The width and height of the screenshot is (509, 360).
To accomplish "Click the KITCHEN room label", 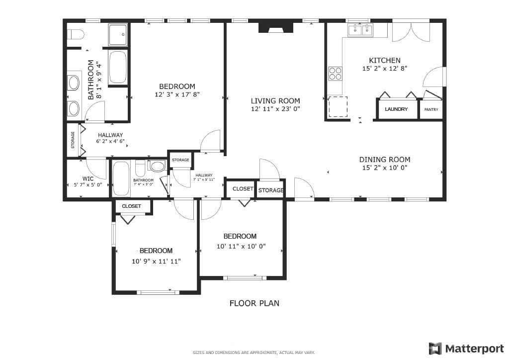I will coord(381,61).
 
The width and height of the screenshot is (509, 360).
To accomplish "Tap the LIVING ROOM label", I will coord(275,101).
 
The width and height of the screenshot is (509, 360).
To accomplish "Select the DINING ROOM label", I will coord(385,160).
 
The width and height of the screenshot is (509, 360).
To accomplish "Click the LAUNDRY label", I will coord(396,109).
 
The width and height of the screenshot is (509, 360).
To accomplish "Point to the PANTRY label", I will coord(431,109).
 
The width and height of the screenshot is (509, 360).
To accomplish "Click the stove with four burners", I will coord(335,74).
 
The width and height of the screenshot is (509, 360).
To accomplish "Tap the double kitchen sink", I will coord(361,30).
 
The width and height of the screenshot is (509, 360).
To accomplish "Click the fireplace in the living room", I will coord(276,27).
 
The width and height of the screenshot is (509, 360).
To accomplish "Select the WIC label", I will coord(88,178).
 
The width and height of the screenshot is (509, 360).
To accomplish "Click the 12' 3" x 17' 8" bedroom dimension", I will coord(177,94).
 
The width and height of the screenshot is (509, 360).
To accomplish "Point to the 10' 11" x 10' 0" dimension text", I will coord(241,246).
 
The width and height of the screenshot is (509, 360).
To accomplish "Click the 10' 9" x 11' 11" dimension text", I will coord(156,261).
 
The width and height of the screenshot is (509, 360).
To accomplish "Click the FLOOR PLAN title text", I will coord(254,303).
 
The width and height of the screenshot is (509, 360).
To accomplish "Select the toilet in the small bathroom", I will coord(158,166).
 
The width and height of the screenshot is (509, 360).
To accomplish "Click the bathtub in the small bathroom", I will coord(121,179).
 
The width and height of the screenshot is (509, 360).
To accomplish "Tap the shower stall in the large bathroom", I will coord(117,34).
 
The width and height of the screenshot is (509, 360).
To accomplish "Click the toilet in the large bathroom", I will coord(76,35).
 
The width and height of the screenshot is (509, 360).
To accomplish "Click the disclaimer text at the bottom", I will coord(254,353).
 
